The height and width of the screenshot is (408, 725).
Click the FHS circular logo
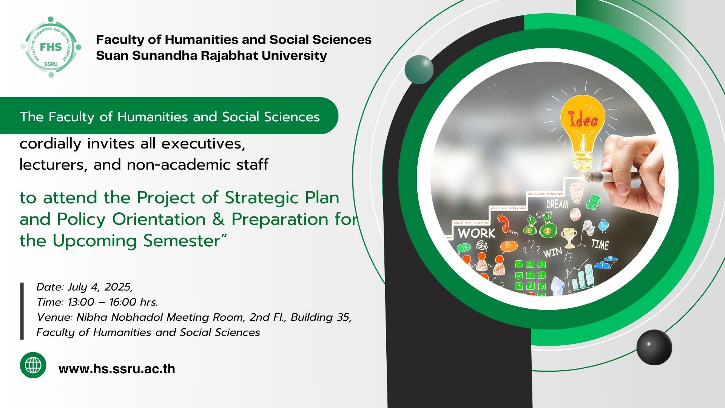(51, 47)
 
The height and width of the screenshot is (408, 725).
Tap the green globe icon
(33, 365)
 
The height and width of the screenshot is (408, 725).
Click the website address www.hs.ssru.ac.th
(117, 369)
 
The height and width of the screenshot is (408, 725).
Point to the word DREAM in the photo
(557, 204)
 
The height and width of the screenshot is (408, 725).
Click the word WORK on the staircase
(477, 233)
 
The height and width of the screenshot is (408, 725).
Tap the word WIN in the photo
(553, 252)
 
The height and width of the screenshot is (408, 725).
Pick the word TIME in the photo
(600, 244)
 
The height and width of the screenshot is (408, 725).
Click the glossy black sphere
(654, 347)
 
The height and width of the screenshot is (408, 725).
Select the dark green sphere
(419, 70)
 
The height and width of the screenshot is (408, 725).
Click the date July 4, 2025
(100, 287)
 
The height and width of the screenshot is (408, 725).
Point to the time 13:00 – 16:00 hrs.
(113, 302)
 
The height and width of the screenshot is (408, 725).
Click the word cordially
(51, 144)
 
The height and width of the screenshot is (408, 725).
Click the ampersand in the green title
(218, 219)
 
